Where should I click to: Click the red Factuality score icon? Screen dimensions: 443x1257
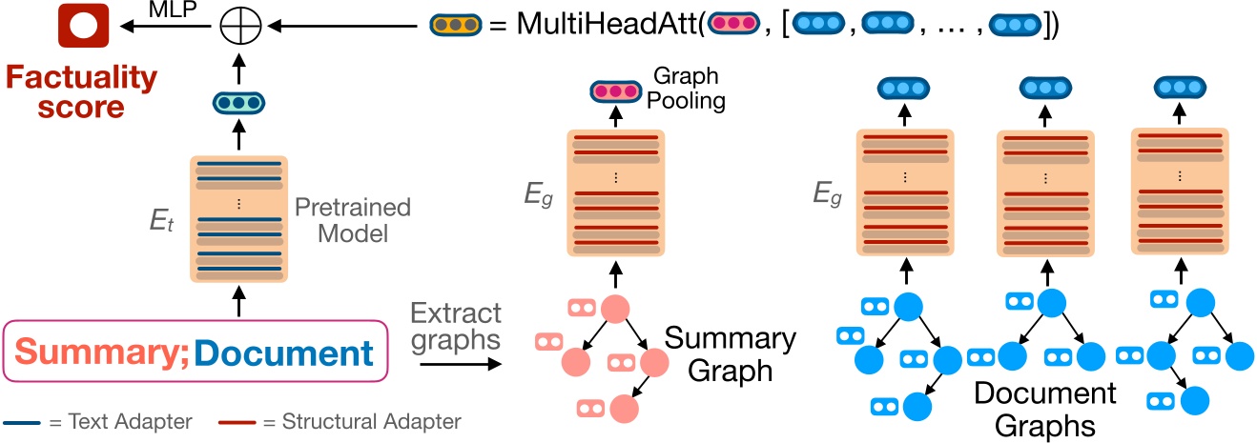(83, 28)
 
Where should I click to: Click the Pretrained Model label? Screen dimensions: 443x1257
(352, 219)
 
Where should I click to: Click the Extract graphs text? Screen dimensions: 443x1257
(455, 325)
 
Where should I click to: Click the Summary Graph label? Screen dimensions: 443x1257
(730, 352)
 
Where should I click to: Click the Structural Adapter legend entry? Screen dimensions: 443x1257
(341, 421)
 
